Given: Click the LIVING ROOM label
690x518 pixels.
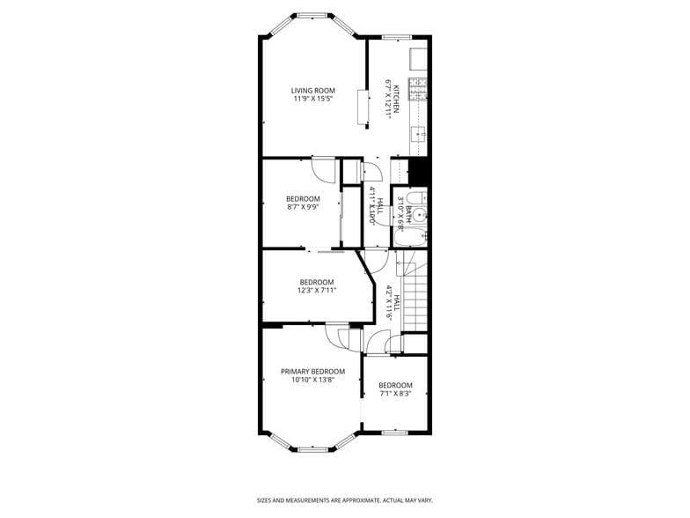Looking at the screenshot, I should [313, 90].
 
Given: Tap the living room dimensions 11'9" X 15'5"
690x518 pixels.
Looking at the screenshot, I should [313, 99].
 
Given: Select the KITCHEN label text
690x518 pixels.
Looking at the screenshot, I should [397, 99].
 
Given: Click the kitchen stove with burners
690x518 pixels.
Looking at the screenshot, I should [420, 87].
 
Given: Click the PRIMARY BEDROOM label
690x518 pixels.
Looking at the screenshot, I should [312, 372].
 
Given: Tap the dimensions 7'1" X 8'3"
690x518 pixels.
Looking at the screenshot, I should [395, 394].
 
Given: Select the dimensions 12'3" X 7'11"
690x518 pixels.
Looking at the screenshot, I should [317, 291].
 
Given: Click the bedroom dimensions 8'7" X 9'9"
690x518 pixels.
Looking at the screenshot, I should [303, 207].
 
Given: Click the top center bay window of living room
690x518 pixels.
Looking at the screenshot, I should [312, 15].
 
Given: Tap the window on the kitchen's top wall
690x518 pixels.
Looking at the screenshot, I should [396, 36].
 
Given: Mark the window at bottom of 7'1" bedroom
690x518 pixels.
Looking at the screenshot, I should [394, 432].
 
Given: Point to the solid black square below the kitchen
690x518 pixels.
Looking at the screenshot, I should [419, 170].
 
